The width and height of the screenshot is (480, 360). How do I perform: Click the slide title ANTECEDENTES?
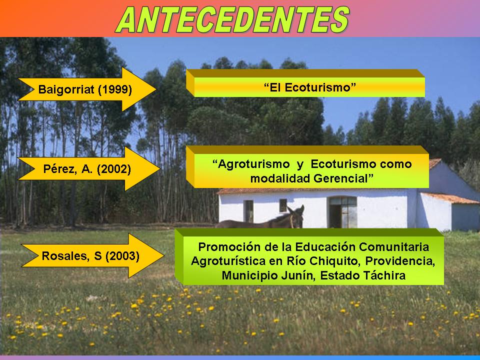(x=232, y=19)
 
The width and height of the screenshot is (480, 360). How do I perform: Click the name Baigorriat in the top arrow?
(x=66, y=89)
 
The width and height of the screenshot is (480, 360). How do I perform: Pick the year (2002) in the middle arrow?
(x=114, y=169)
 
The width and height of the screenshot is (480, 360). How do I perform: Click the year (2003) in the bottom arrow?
(x=122, y=256)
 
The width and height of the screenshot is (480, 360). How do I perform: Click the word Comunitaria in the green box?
(x=394, y=246)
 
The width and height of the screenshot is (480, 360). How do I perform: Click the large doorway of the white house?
(x=342, y=212)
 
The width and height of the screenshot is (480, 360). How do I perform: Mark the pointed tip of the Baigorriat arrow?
(x=155, y=89)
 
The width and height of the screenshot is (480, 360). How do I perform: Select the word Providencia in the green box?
(x=400, y=261)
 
